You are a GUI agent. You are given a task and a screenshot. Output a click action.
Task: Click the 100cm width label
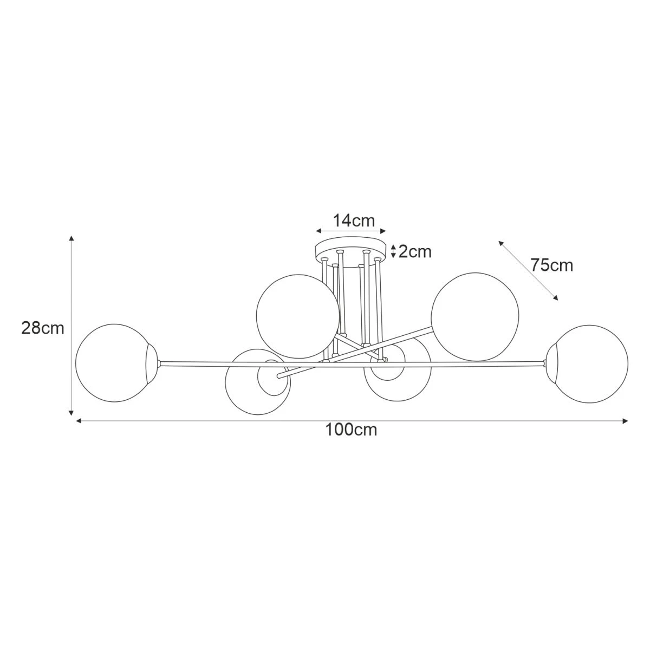tap(351, 430)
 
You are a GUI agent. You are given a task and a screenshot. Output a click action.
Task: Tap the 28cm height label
tap(43, 328)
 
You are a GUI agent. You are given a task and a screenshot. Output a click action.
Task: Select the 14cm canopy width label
tap(354, 221)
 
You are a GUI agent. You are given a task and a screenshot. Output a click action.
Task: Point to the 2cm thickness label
tap(415, 251)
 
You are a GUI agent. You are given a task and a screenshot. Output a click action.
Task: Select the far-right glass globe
tap(587, 363)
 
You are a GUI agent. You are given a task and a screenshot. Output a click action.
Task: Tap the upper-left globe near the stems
tap(297, 316)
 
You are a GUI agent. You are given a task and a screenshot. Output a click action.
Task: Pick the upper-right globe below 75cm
tap(475, 315)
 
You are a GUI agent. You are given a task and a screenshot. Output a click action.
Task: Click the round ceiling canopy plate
tap(350, 252)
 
